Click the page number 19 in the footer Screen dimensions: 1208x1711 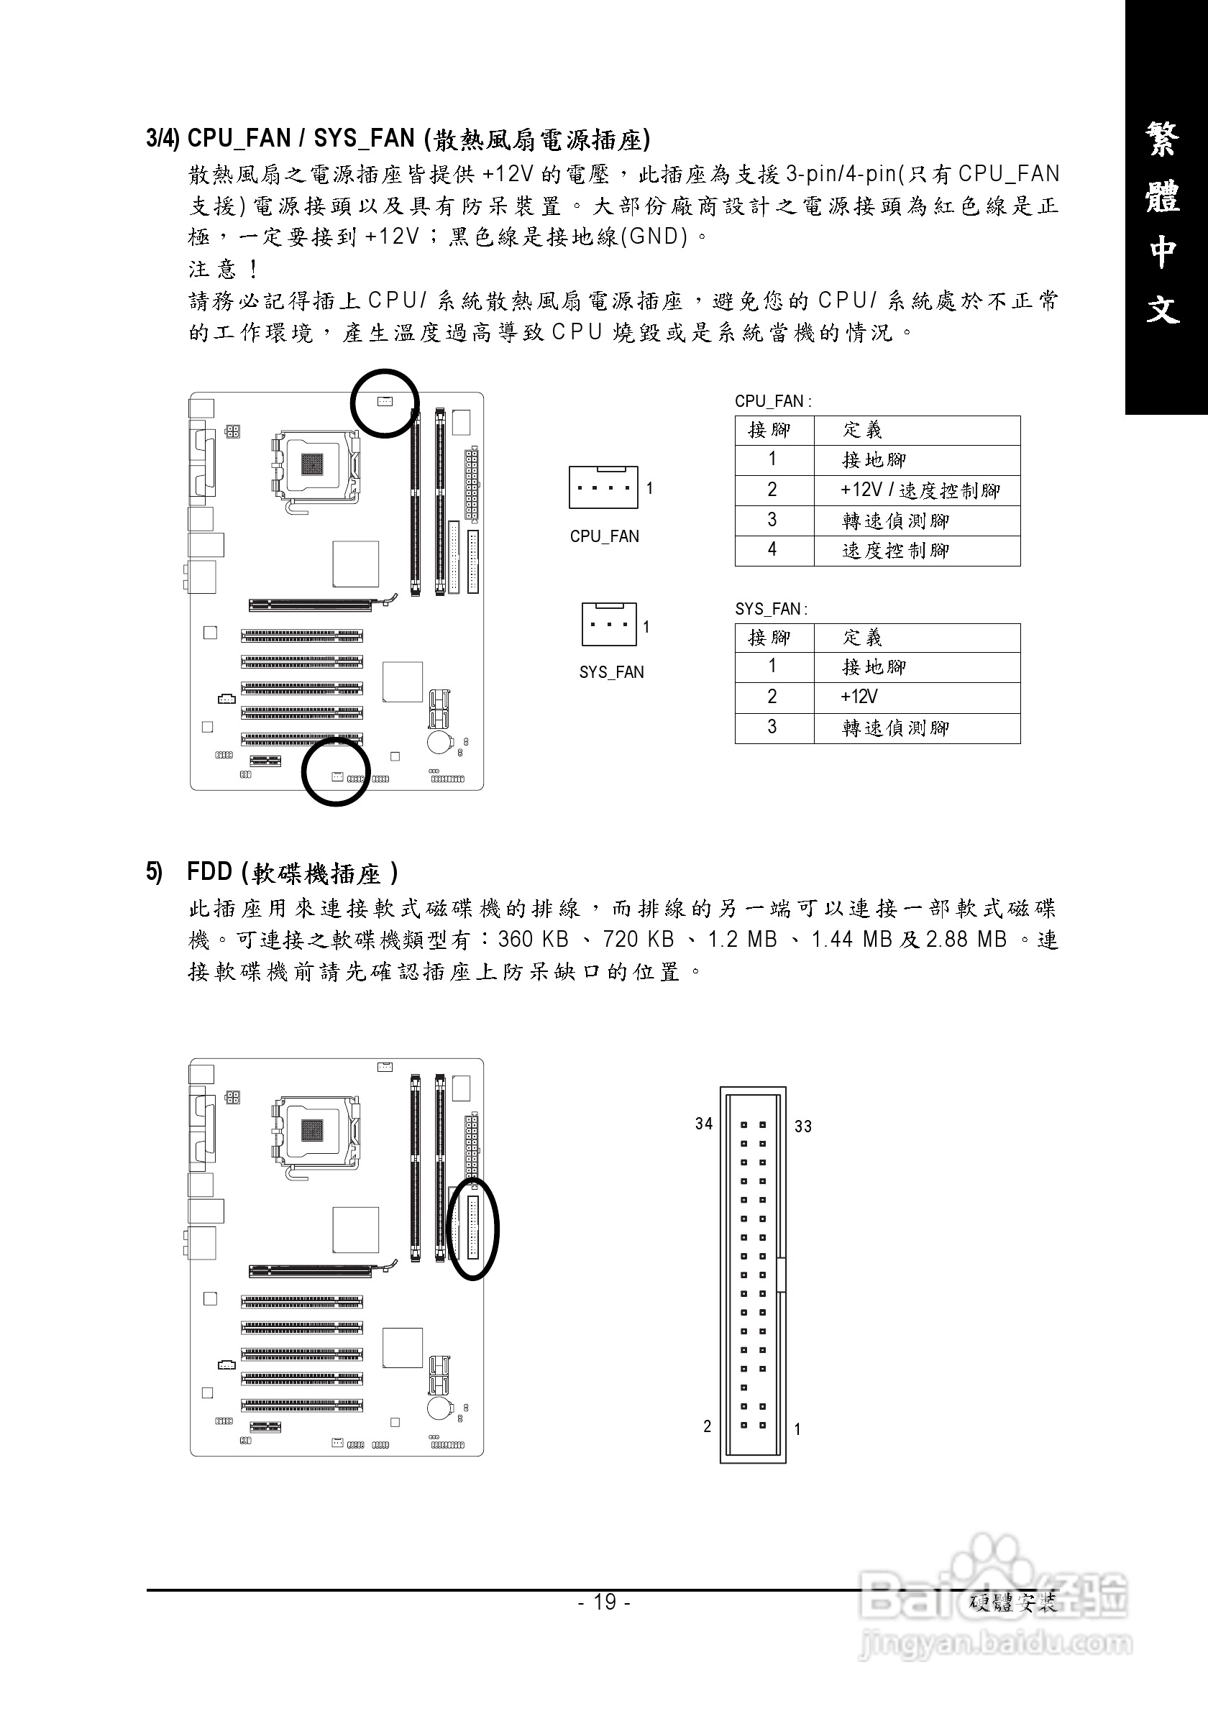(605, 1602)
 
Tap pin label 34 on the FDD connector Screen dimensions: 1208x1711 (703, 1124)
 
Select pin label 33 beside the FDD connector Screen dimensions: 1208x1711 (802, 1127)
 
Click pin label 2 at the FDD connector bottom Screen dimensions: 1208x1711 (708, 1426)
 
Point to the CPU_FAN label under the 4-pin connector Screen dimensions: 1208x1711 (605, 536)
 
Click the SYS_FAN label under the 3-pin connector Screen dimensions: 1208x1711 (611, 672)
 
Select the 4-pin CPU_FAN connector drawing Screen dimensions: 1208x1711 (603, 487)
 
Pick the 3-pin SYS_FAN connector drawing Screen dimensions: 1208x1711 (609, 624)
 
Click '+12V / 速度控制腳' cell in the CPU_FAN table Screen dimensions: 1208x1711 (920, 490)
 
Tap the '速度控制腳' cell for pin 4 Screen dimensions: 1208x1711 (895, 551)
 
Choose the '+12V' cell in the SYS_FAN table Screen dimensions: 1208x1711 (859, 697)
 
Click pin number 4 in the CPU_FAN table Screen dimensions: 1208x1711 (772, 550)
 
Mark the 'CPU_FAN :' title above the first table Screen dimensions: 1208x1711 (773, 401)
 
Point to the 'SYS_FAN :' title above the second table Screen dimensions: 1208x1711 (771, 609)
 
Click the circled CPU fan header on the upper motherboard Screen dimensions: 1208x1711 (385, 402)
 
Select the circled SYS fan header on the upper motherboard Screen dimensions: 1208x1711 (337, 776)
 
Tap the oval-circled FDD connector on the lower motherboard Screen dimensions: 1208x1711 (472, 1227)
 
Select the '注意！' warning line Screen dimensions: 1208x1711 (223, 268)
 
